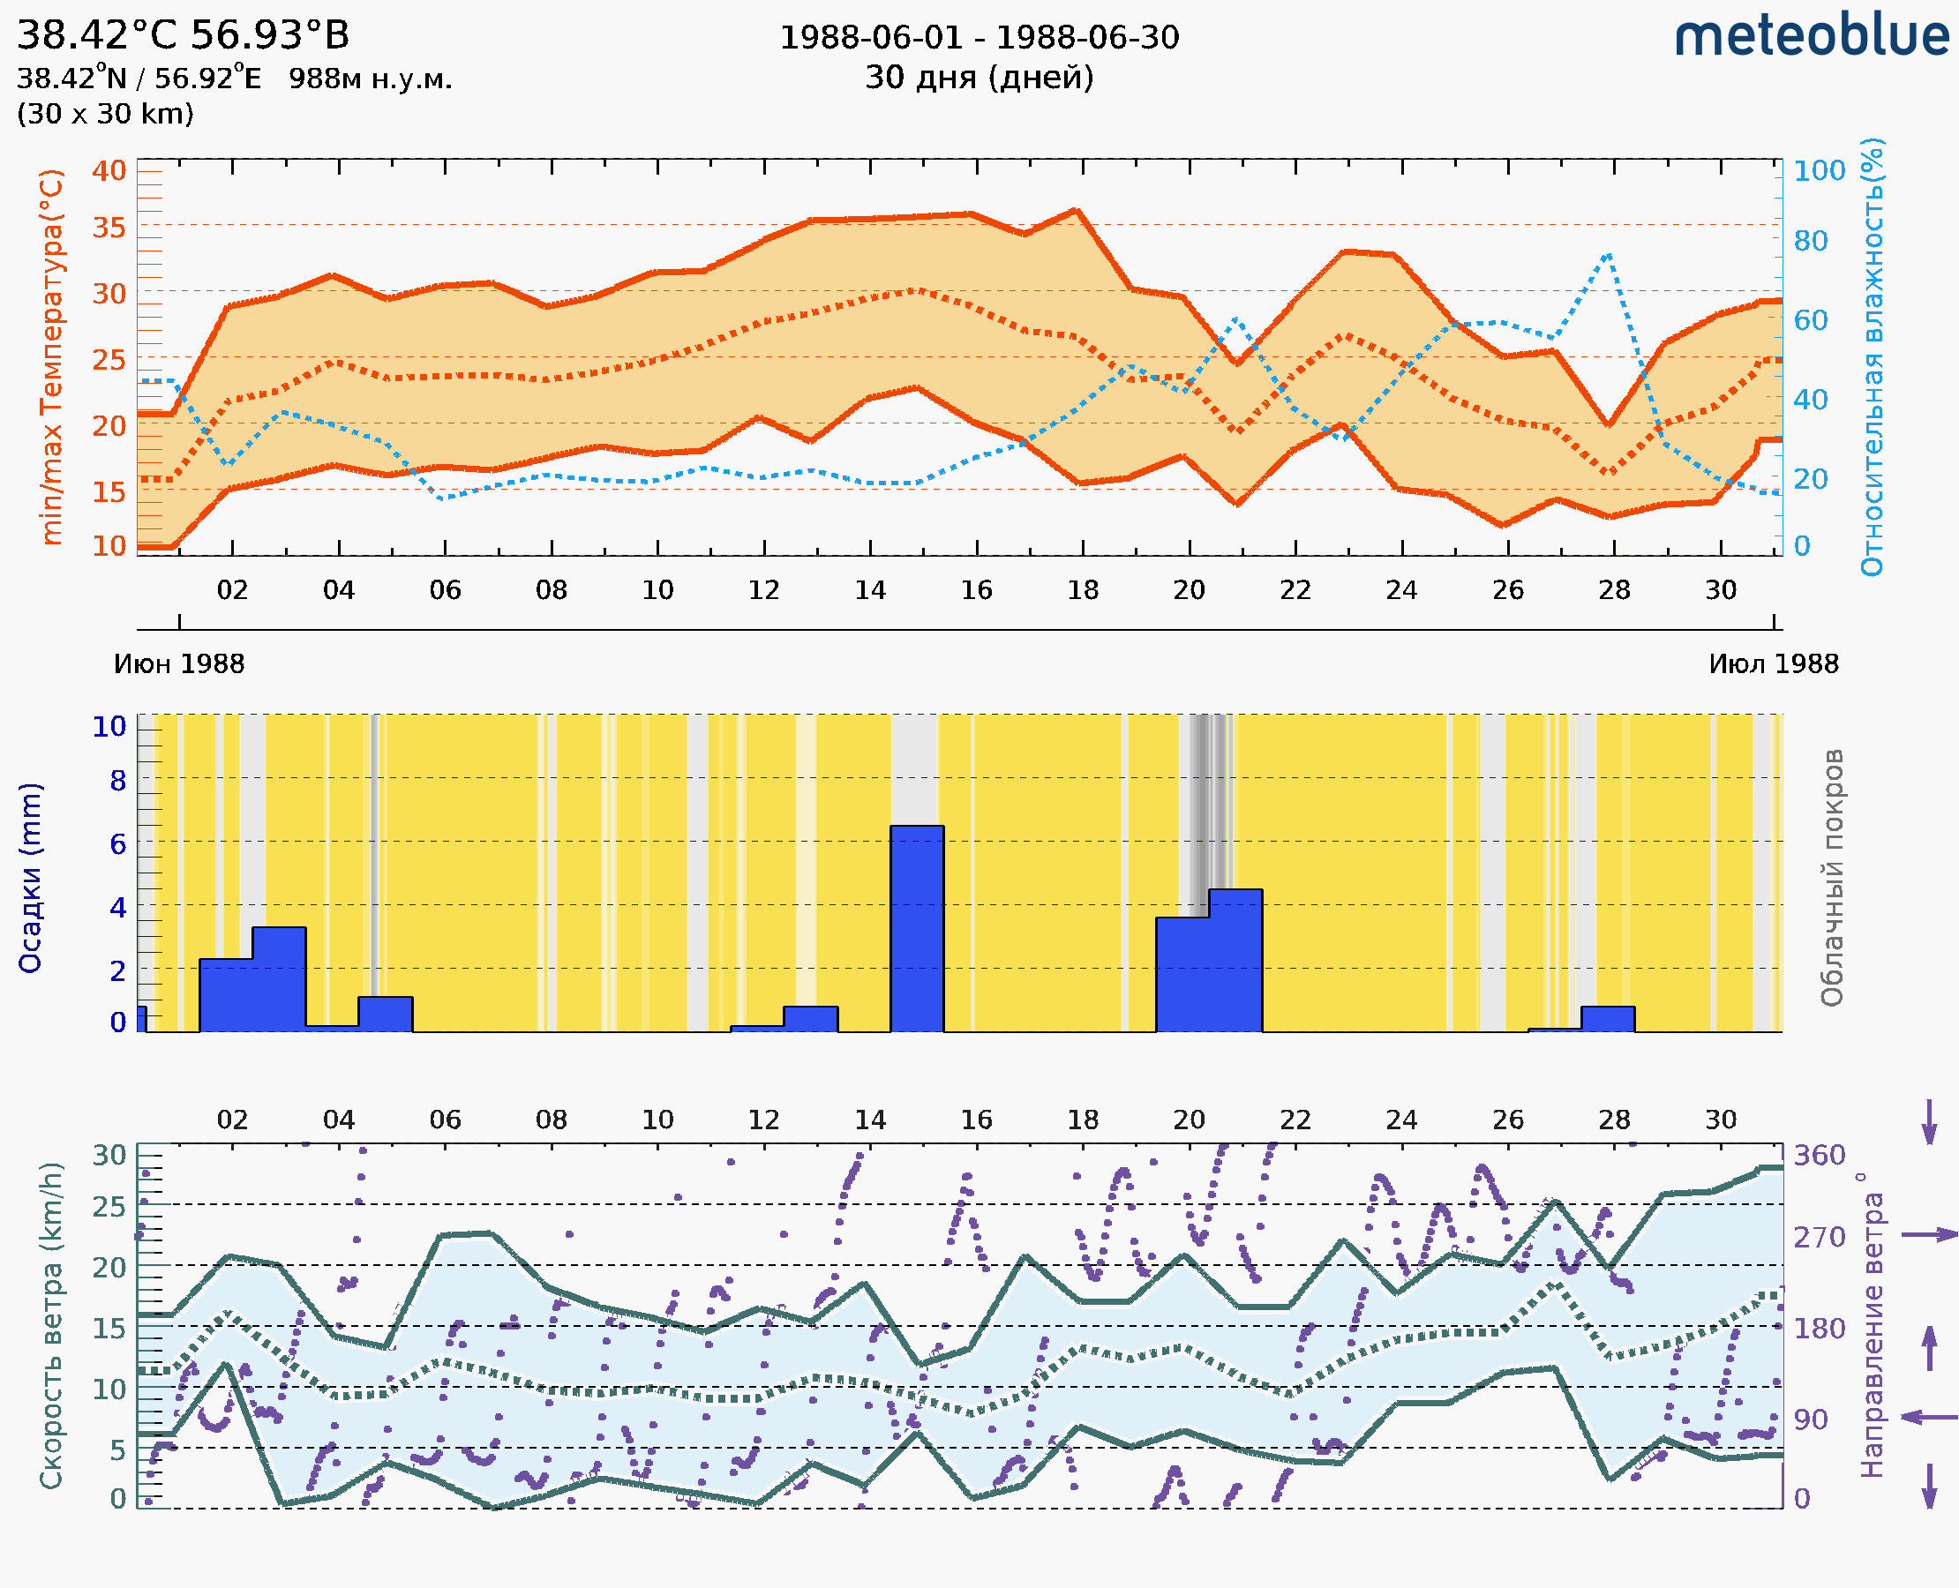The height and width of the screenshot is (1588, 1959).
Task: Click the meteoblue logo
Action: pos(1811,36)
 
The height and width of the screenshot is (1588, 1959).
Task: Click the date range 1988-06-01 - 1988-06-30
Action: pos(979,38)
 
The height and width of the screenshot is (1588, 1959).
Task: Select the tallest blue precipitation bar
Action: pos(917,928)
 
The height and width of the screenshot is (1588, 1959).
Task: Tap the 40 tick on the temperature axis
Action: pos(109,171)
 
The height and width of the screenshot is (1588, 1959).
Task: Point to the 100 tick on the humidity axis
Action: pos(1819,171)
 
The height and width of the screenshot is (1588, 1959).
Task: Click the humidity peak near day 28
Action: pos(1608,255)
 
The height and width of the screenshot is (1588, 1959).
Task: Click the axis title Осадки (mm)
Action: pos(30,878)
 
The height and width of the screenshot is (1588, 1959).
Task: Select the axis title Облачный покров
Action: pos(1831,878)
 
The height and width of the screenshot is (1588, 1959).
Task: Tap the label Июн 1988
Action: pos(179,664)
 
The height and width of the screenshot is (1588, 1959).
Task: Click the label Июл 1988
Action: pos(1774,664)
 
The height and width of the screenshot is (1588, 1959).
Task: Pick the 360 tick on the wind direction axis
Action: pos(1819,1156)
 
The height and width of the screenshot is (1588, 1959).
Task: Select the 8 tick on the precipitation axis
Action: pos(118,781)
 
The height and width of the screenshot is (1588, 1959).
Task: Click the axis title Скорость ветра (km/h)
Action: pos(51,1326)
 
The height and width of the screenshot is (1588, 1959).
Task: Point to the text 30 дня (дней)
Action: pos(979,78)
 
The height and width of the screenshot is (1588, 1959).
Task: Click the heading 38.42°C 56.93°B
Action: pos(183,35)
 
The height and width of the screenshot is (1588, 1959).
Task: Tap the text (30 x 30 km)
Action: pos(105,114)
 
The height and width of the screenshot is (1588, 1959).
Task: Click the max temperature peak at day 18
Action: pos(1077,212)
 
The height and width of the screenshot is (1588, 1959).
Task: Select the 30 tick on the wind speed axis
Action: pos(109,1156)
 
